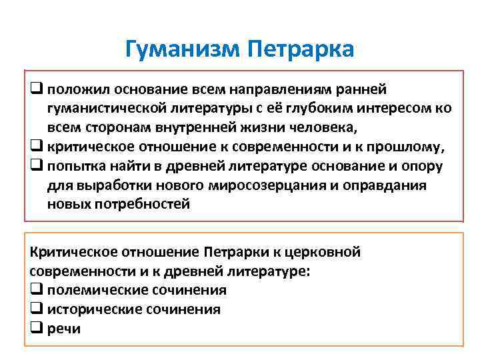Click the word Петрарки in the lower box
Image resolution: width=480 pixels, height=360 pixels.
tap(235, 252)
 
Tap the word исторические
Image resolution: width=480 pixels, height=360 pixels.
tap(98, 309)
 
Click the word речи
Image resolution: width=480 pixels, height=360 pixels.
tap(64, 329)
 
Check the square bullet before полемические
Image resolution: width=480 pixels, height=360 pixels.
tap(36, 291)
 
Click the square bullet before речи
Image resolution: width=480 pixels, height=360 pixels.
tap(36, 329)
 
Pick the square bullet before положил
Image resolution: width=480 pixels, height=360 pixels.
tap(36, 90)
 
